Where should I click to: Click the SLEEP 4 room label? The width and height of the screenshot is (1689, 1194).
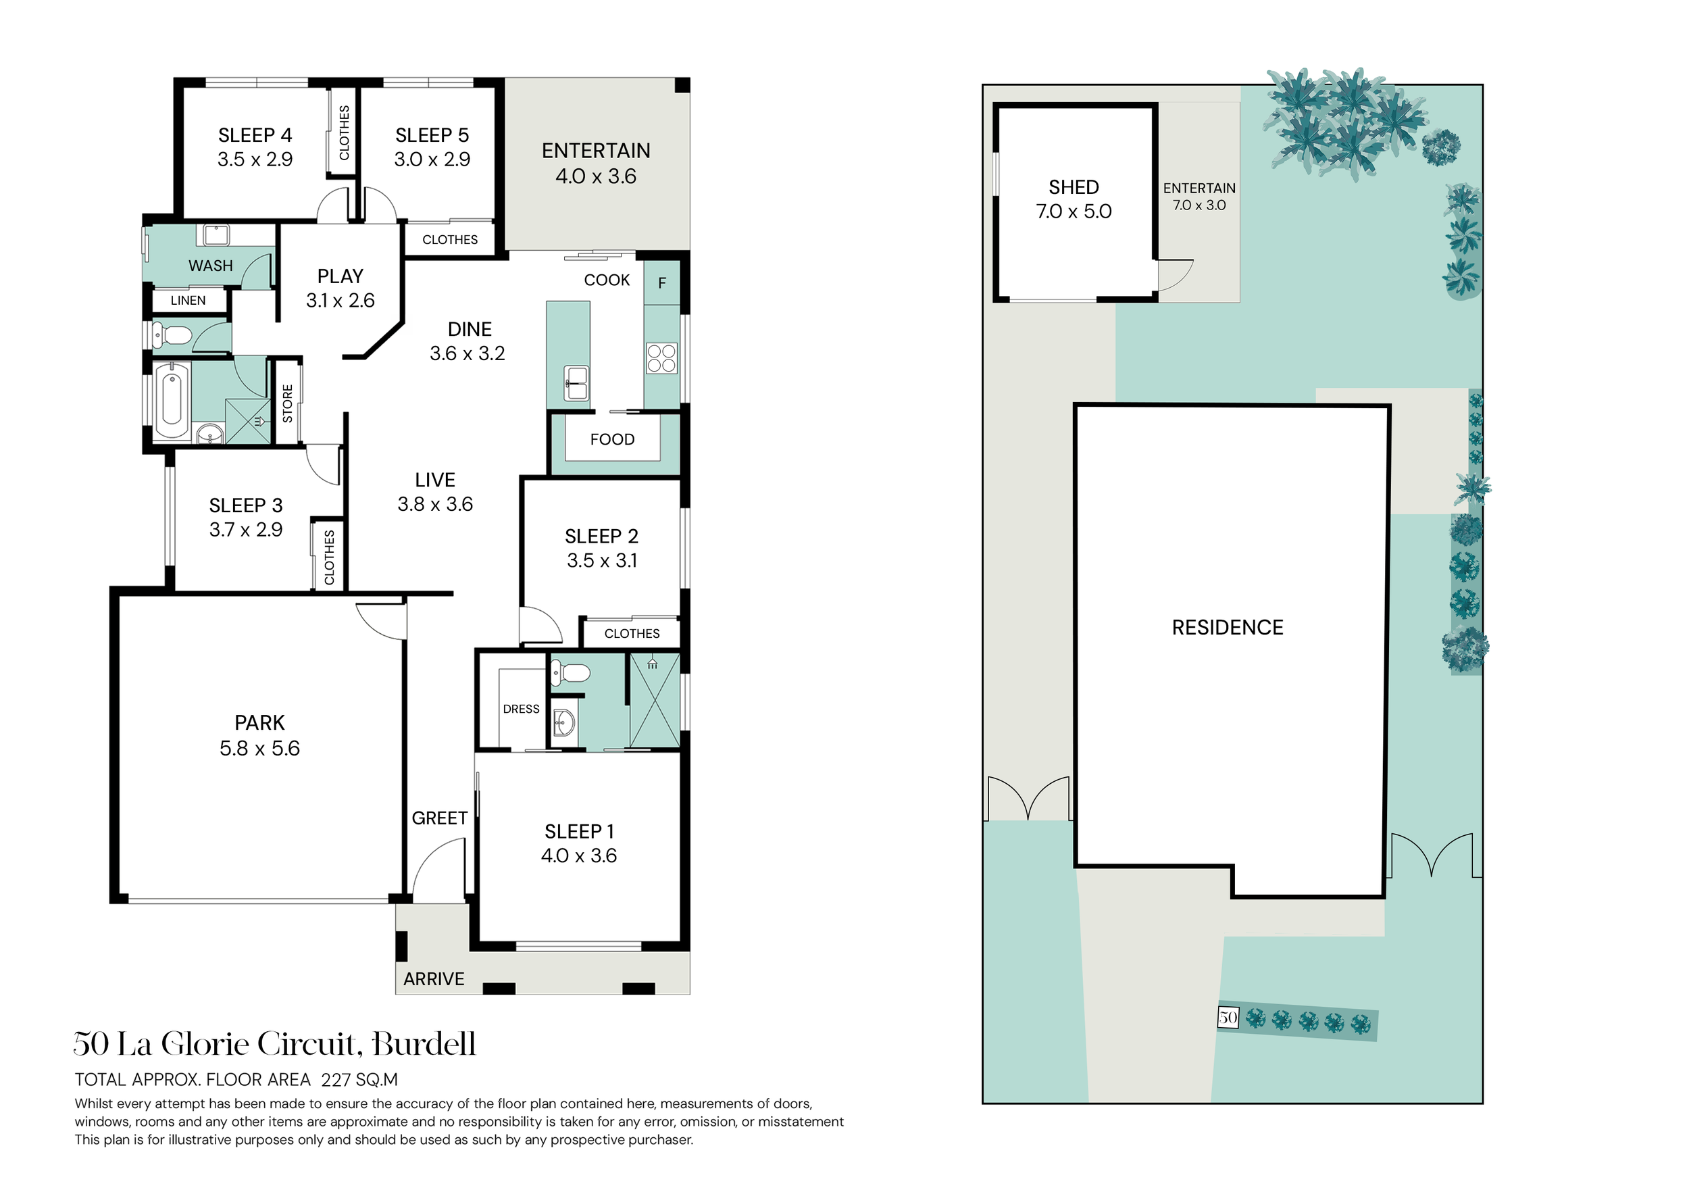click(255, 135)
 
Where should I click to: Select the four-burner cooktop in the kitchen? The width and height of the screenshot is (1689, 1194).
click(661, 358)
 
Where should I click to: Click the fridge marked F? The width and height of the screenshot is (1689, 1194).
click(662, 282)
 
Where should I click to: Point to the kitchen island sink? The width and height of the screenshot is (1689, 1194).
click(577, 382)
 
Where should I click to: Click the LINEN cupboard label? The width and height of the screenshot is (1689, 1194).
click(188, 300)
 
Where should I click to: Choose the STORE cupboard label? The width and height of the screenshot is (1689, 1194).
click(288, 403)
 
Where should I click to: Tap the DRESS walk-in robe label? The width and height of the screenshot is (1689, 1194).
click(521, 710)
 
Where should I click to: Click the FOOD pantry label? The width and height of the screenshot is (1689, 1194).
click(612, 439)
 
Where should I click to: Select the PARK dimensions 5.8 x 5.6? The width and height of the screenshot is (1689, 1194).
click(259, 748)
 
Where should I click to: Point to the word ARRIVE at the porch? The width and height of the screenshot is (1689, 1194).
click(434, 979)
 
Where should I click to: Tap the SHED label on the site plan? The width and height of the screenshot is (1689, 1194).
click(1074, 187)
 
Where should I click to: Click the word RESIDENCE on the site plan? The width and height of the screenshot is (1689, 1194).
click(1228, 628)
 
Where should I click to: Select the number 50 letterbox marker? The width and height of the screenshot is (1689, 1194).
click(1228, 1018)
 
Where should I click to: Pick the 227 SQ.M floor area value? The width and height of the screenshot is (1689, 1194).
click(359, 1080)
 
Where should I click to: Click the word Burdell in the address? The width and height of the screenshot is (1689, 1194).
click(424, 1044)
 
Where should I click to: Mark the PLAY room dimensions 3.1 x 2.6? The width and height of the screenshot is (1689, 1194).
click(341, 300)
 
